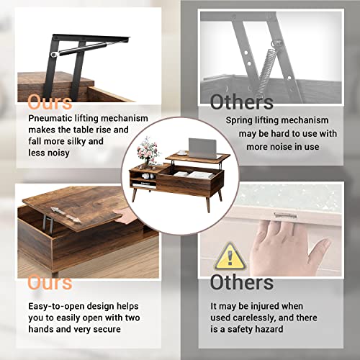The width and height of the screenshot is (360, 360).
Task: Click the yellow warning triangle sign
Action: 230,257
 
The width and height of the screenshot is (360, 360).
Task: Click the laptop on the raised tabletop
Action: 202,148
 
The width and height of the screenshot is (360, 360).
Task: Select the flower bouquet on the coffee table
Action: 148,150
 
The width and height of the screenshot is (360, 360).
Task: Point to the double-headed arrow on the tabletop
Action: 66,215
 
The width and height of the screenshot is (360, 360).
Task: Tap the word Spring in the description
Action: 239,120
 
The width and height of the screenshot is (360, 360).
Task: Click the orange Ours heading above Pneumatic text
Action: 50,102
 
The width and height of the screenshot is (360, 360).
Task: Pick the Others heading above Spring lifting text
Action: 242,102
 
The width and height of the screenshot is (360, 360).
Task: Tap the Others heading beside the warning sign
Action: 242,282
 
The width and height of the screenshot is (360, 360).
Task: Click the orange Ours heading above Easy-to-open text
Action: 50,282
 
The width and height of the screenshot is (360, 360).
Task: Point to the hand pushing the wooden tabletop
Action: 125,215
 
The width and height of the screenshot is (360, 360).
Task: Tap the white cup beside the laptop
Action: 181,153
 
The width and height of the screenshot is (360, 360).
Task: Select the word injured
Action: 264,307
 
